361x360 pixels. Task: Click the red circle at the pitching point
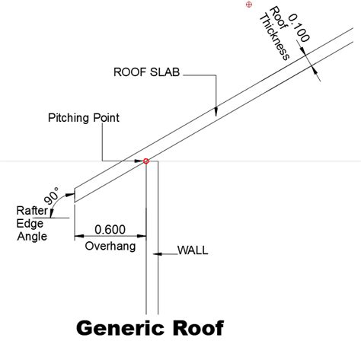tap(145, 161)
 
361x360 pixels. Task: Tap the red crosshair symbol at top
tap(249, 5)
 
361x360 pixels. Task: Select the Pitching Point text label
tap(84, 118)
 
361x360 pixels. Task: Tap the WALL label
tap(193, 250)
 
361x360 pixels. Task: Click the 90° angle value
tap(53, 196)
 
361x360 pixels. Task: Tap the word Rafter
tap(30, 210)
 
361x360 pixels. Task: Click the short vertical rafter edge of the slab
tap(74, 196)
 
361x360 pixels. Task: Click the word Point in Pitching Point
tap(105, 118)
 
